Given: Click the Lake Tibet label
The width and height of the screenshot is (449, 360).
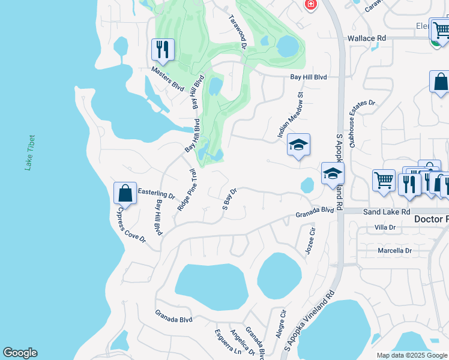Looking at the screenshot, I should pos(28,152).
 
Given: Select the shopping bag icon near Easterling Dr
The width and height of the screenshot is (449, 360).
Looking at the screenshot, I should pos(125,193).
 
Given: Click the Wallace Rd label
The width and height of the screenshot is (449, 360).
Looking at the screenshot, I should pos(367,38).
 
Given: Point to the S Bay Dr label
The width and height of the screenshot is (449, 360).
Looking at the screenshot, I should pos(231,199).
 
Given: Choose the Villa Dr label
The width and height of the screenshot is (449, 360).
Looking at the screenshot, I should pos(385,227).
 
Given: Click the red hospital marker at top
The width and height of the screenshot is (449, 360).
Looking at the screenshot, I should pos(310,5).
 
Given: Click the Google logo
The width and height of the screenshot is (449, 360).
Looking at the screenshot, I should pos(20,353).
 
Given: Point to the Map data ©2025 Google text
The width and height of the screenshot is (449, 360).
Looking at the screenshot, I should pos(412,355).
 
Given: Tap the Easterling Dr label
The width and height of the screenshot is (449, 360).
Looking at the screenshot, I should pos(156,194).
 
